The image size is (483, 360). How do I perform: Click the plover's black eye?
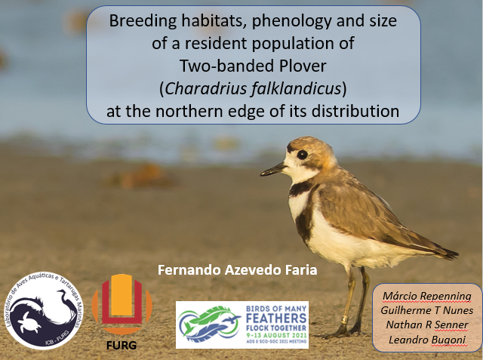(303, 154)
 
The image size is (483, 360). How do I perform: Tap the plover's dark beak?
(273, 171)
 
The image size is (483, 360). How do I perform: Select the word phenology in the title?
(282, 21)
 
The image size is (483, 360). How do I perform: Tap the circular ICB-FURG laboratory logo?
(43, 310)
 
